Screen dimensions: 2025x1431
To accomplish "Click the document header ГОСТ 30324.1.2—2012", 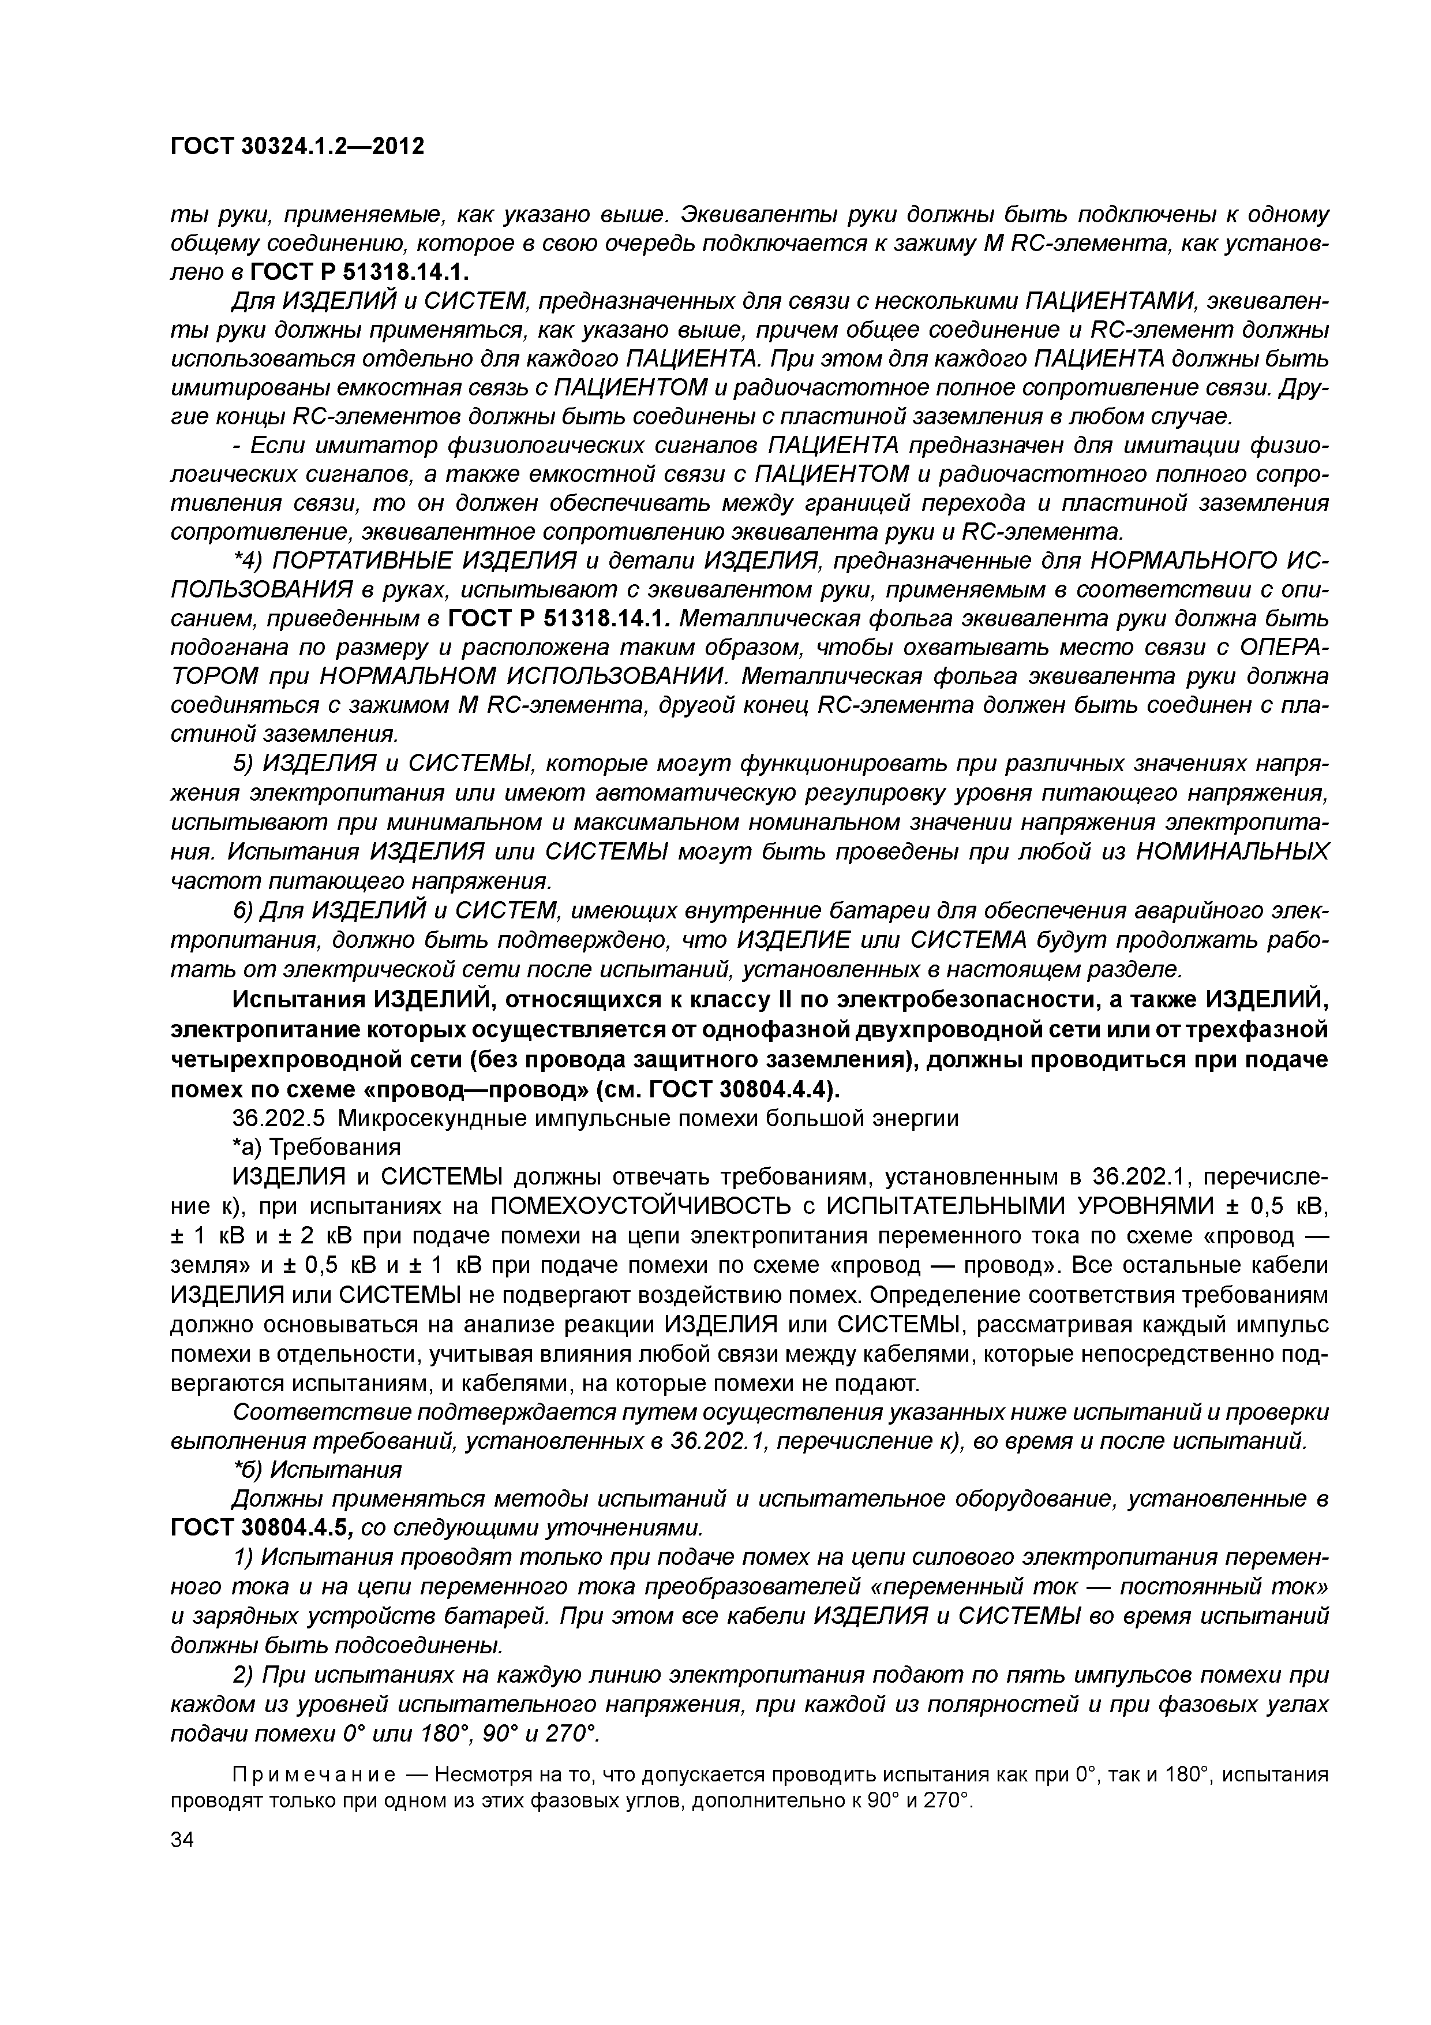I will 297,145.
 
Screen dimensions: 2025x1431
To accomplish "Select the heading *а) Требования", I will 316,1148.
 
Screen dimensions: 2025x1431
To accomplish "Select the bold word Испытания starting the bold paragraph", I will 296,1000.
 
